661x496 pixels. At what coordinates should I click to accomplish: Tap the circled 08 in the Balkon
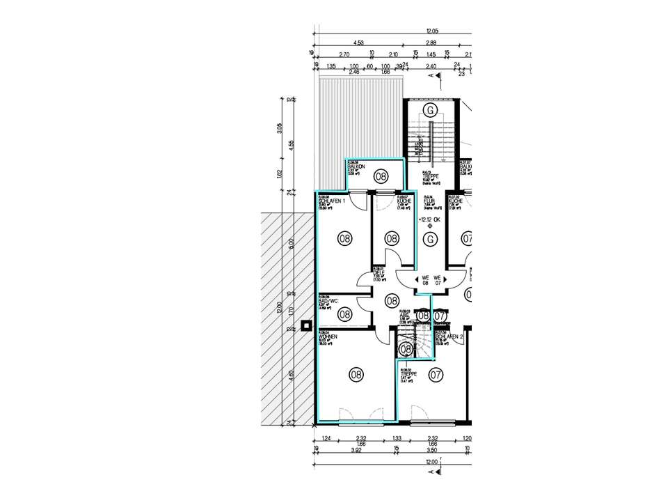pos(381,176)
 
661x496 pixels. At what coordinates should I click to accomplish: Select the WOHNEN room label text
pos(328,336)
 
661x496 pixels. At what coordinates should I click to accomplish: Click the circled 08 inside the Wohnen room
pos(356,375)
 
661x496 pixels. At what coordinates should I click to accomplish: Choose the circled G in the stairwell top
pos(431,111)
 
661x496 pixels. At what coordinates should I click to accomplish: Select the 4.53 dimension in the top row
pos(359,42)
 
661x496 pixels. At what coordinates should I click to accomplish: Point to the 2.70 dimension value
pos(343,54)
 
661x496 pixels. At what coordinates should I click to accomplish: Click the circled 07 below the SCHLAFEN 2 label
pos(436,375)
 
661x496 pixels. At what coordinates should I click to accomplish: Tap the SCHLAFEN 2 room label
pos(449,336)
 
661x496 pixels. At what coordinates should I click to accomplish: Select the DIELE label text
pos(379,272)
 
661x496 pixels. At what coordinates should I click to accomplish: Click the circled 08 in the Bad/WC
pos(344,314)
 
